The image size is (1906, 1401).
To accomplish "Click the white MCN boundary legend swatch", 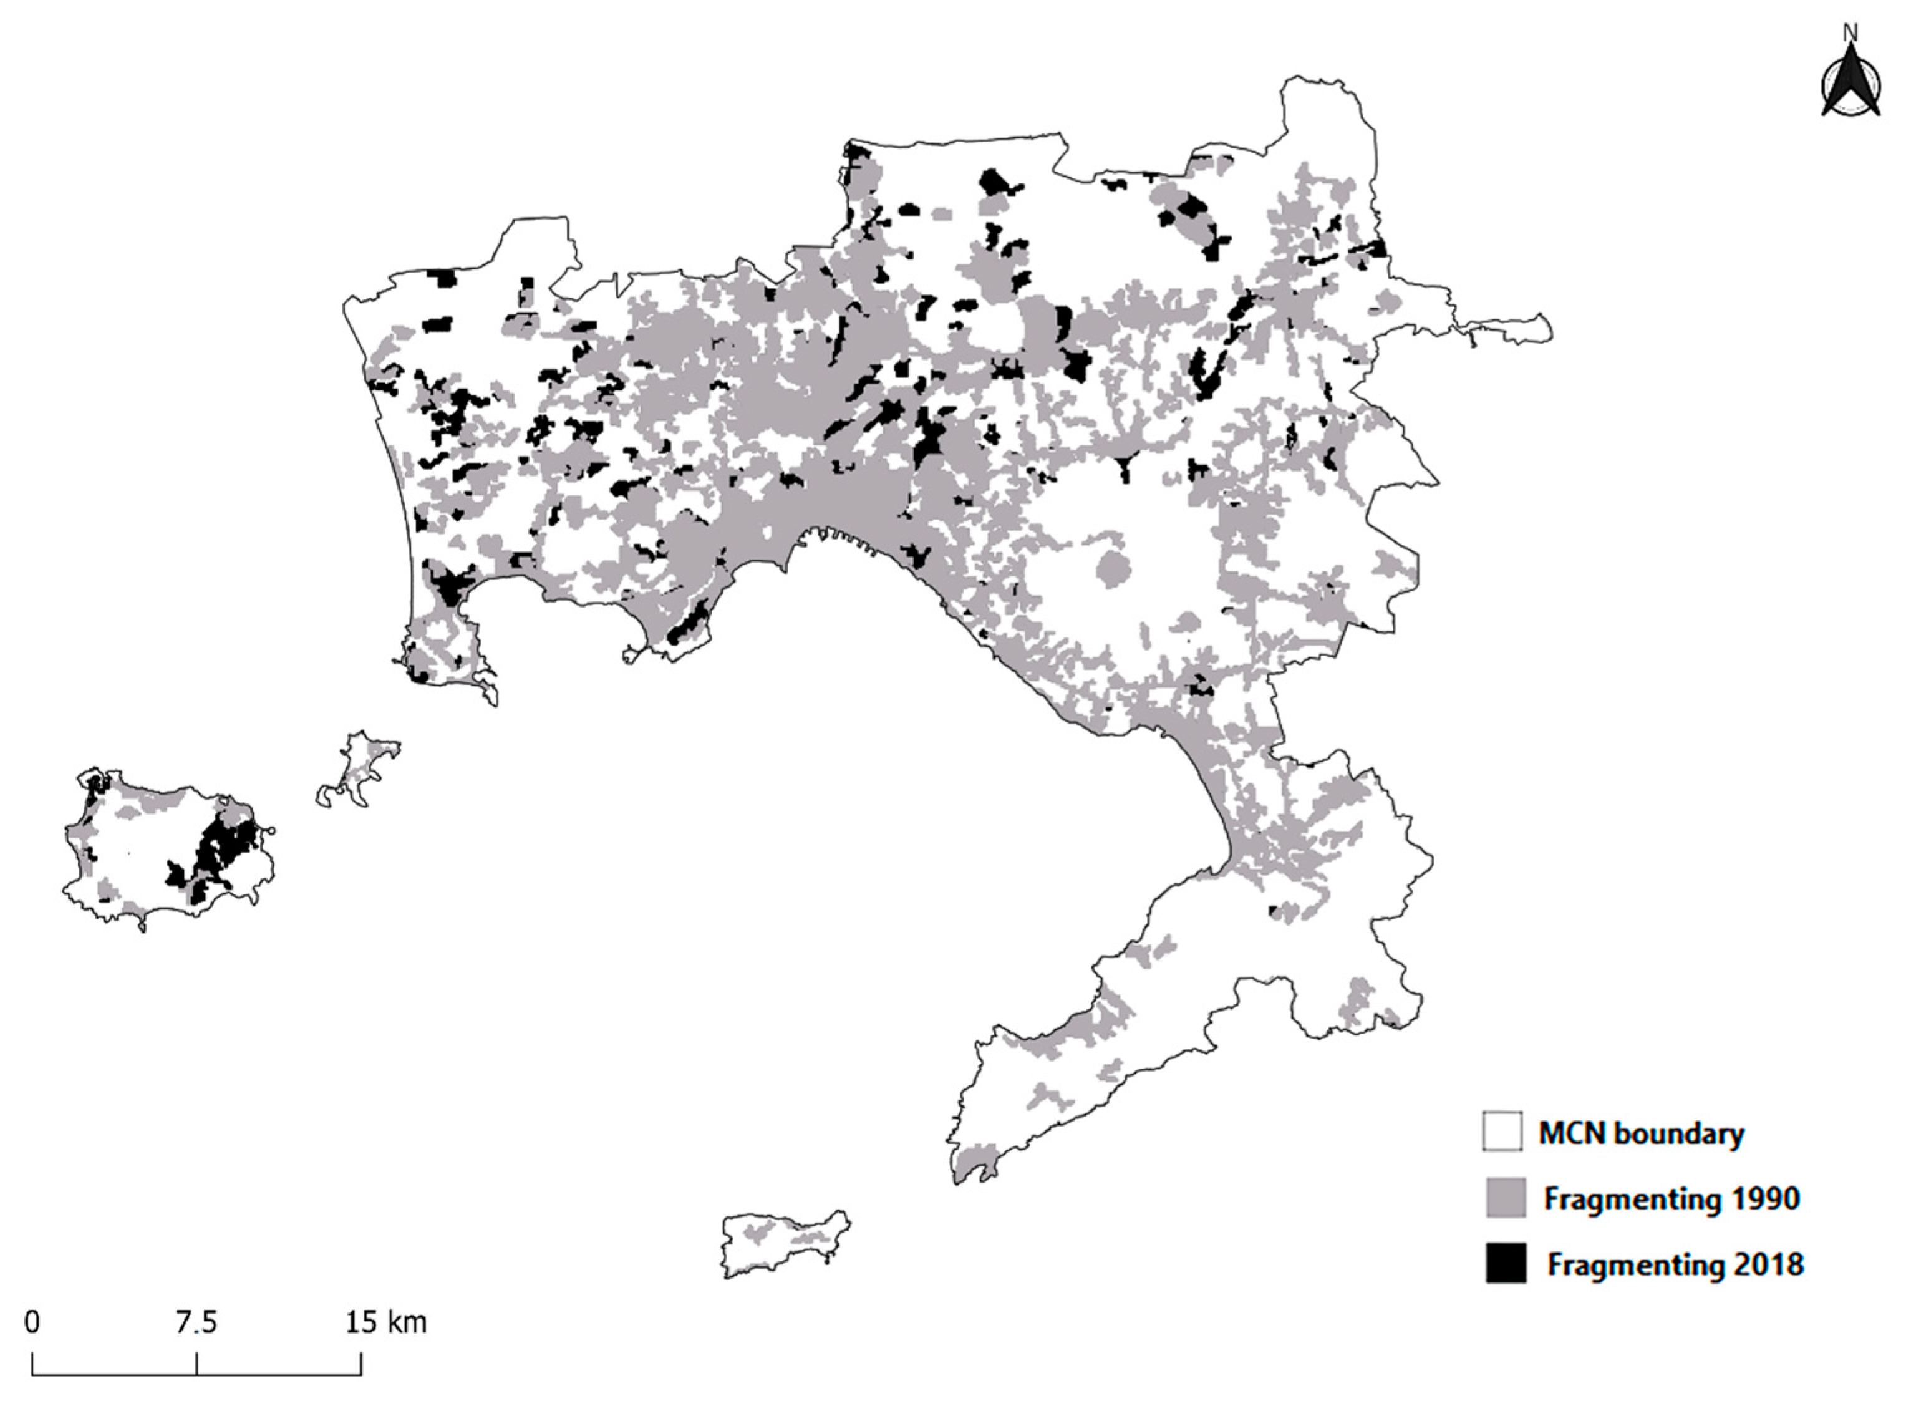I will coord(1502,1132).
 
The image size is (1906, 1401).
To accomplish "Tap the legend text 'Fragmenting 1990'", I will coord(1670,1198).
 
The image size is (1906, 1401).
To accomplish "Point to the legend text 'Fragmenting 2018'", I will coord(1675,1264).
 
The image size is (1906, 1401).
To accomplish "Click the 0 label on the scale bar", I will coord(32,1321).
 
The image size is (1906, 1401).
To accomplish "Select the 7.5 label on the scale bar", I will coord(196,1321).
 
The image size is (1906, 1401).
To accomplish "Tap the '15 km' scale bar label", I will coord(386,1321).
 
